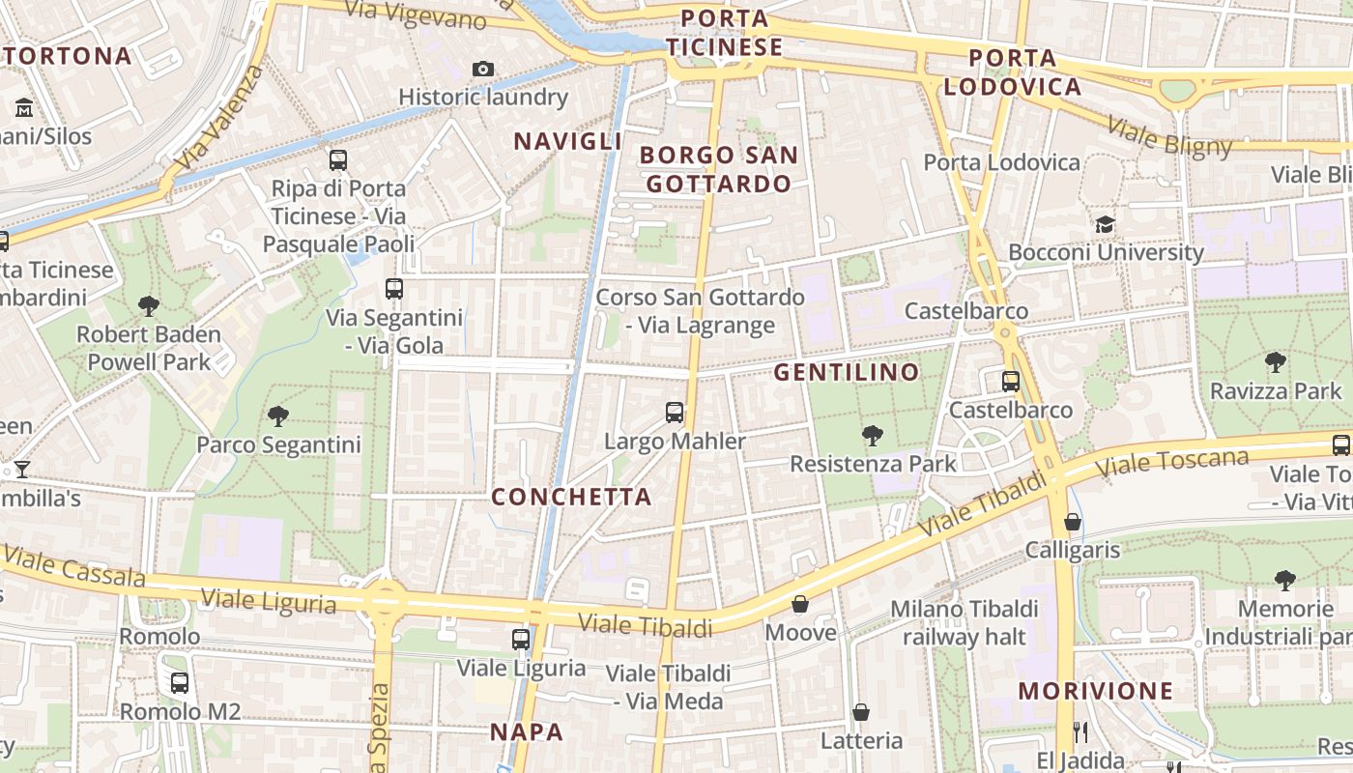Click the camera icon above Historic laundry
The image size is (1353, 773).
[x=482, y=69]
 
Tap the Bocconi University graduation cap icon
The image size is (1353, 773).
[x=1105, y=225]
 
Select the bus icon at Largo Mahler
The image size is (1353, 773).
[x=675, y=413]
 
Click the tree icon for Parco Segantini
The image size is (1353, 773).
[x=278, y=416]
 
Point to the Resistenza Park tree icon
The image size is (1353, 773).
[x=873, y=436]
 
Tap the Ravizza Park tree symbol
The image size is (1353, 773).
[x=1276, y=363]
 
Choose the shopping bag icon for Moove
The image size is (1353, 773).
[x=800, y=605]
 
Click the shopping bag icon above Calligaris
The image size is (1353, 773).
[x=1072, y=523]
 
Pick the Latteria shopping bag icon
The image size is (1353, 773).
[x=861, y=713]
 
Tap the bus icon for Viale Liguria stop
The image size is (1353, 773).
[x=521, y=639]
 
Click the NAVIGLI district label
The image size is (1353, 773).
[x=568, y=141]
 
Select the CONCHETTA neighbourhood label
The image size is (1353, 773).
[x=571, y=497]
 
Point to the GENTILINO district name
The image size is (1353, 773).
[x=847, y=372]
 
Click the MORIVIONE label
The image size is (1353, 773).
[x=1096, y=691]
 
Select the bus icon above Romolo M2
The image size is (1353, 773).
[x=180, y=683]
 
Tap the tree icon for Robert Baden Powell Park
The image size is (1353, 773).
[x=149, y=306]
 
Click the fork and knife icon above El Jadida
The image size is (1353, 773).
[x=1080, y=732]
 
